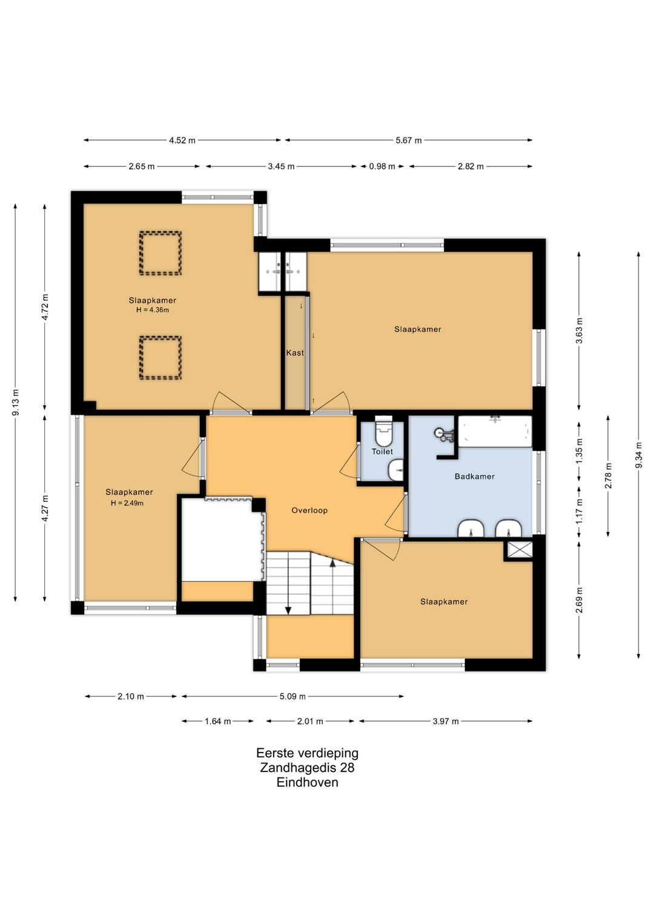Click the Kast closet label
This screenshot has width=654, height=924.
click(x=295, y=352)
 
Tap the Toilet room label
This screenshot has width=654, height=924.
click(x=382, y=452)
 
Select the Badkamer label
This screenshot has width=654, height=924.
click(x=475, y=477)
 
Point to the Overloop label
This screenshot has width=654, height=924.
click(x=309, y=510)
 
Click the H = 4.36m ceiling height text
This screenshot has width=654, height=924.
click(x=153, y=310)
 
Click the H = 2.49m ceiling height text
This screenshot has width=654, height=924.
click(x=127, y=503)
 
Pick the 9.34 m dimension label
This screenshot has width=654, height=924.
click(x=639, y=455)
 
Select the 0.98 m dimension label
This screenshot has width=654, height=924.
click(x=382, y=167)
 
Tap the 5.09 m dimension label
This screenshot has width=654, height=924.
click(x=292, y=697)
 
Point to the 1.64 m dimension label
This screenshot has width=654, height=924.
click(x=218, y=722)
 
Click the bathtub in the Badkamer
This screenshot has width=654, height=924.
click(x=495, y=432)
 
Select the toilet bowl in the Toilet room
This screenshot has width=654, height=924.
click(x=383, y=431)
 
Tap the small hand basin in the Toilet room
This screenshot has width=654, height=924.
click(x=395, y=470)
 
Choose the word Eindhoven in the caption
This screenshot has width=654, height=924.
click(x=308, y=782)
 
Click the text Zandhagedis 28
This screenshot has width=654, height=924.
click(x=307, y=768)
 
